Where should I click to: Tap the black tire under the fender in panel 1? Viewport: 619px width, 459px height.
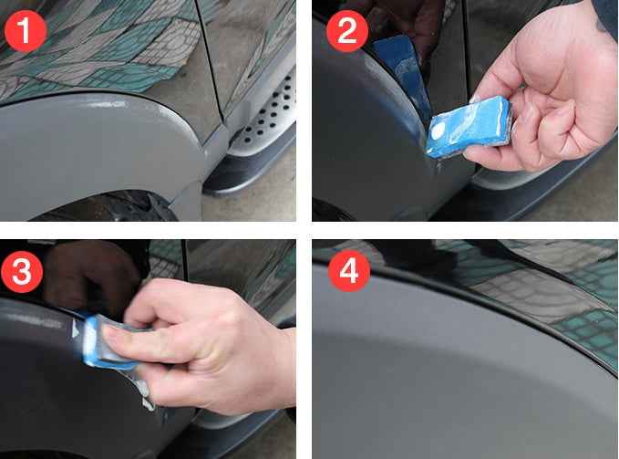109,205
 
